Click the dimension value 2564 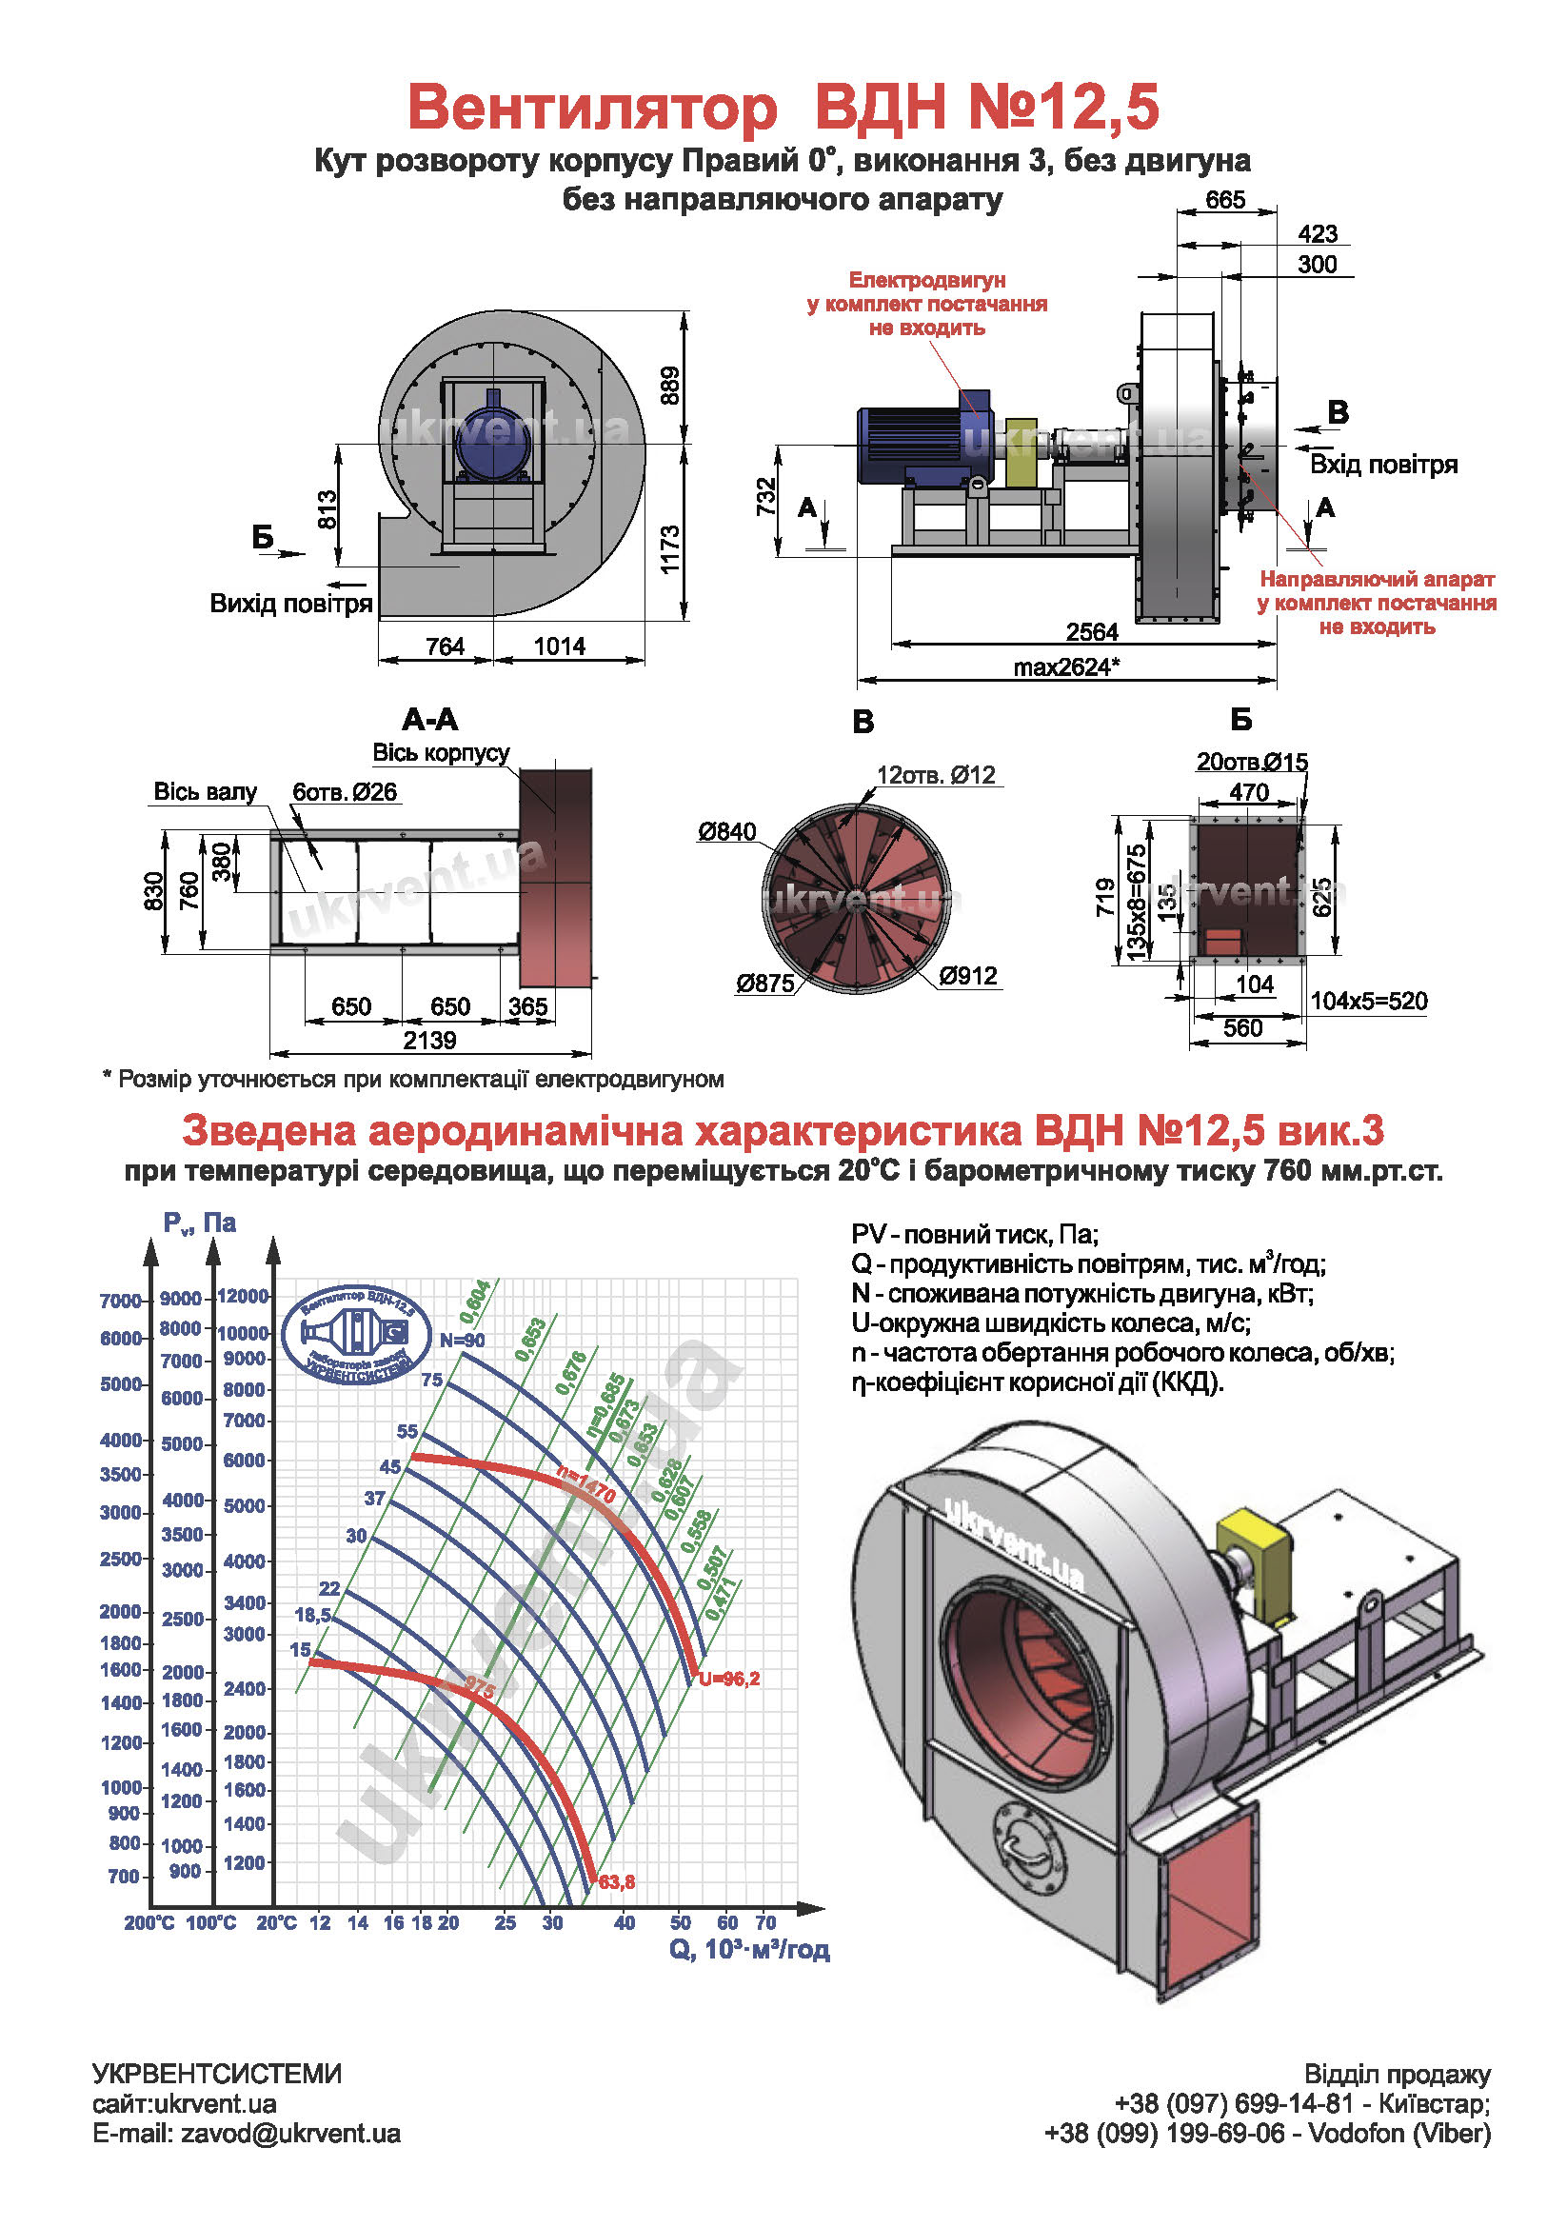tap(1092, 632)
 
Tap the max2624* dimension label tap(1066, 667)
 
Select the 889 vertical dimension tap(670, 385)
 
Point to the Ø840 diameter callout tap(726, 831)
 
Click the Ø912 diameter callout tap(968, 976)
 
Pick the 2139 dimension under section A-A tap(429, 1040)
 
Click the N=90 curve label tap(462, 1340)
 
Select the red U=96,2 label tap(729, 1679)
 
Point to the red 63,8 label tap(617, 1881)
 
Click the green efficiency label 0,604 tap(475, 1302)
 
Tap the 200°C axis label tap(149, 1922)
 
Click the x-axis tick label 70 tap(765, 1921)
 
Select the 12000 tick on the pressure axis tap(243, 1296)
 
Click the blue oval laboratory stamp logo tap(356, 1335)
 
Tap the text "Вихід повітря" tap(291, 604)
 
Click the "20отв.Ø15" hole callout tap(1252, 762)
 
